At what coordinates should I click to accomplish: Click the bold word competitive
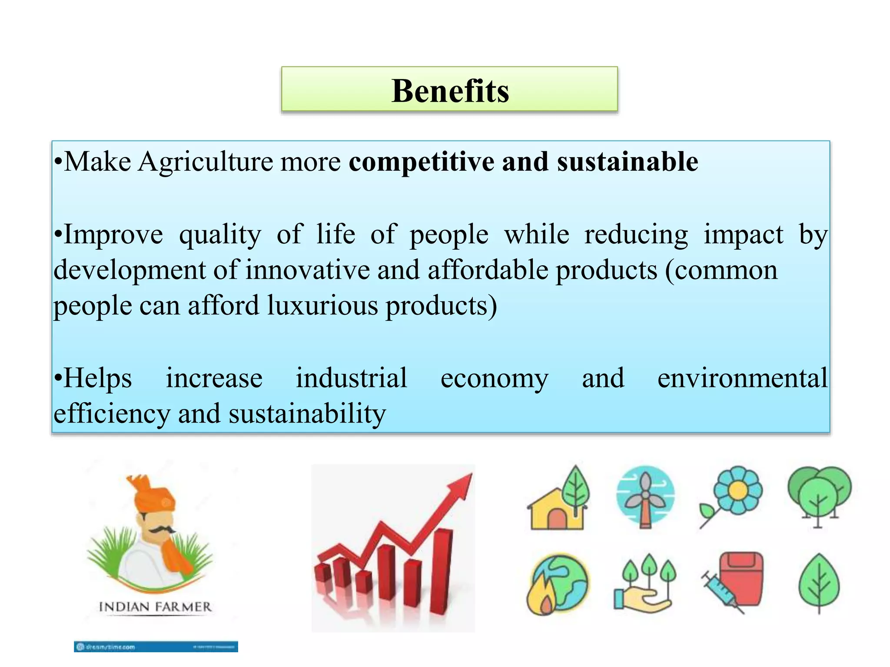(x=421, y=162)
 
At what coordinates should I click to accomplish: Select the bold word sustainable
(x=628, y=162)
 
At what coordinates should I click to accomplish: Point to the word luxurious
(x=322, y=305)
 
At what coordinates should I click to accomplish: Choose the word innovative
(x=308, y=270)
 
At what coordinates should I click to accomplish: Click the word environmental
(x=742, y=378)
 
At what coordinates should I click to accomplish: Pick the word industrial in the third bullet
(x=352, y=378)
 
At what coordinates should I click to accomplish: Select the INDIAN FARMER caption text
(x=155, y=607)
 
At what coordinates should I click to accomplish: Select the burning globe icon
(x=557, y=584)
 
